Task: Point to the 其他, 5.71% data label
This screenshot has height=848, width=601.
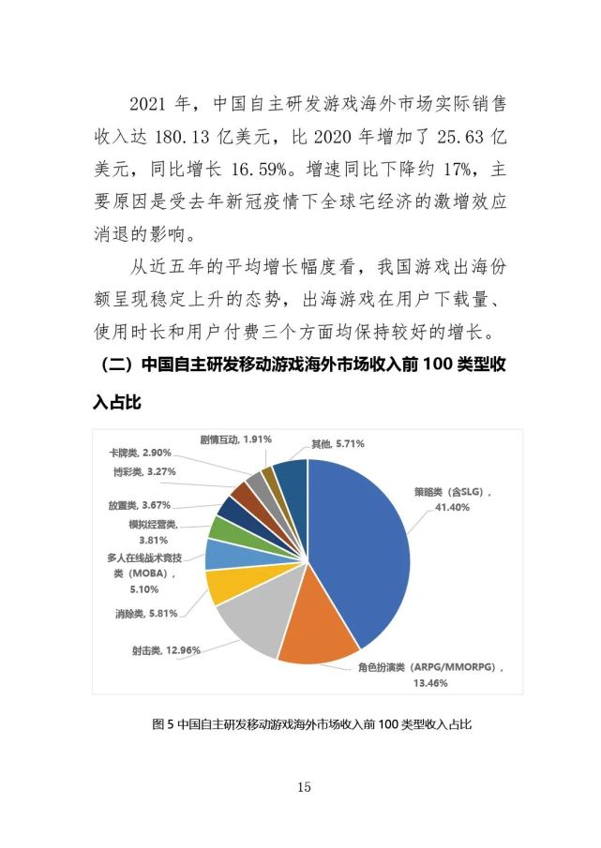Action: [x=338, y=443]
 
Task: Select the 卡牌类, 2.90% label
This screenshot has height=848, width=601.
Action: [x=139, y=452]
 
